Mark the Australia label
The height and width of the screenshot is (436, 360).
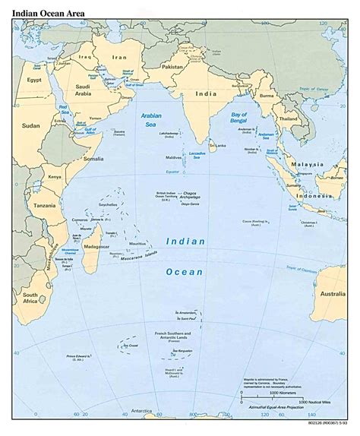pyautogui.click(x=331, y=292)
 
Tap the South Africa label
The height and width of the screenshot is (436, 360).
pyautogui.click(x=31, y=298)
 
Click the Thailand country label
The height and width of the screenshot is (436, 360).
pyautogui.click(x=287, y=119)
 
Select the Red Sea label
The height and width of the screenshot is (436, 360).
pyautogui.click(x=64, y=111)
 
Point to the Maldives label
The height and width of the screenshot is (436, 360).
pyautogui.click(x=173, y=157)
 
